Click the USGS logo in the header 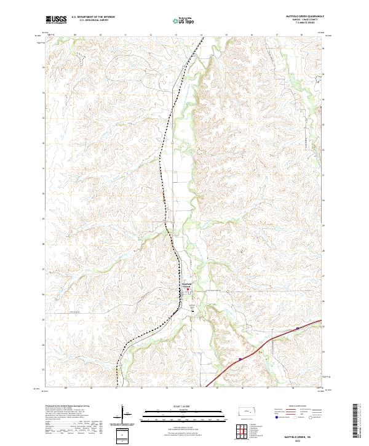(55, 20)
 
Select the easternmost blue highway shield (296, 329)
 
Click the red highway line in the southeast (264, 345)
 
